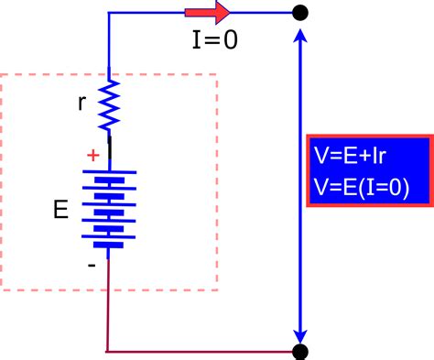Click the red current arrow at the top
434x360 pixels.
[207, 14]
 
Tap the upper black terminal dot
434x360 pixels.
[299, 13]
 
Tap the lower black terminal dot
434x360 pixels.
[299, 351]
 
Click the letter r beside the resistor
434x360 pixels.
[82, 102]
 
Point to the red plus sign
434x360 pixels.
[92, 156]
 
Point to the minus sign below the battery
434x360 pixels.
[92, 264]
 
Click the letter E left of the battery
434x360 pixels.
[60, 210]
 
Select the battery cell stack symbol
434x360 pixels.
[109, 207]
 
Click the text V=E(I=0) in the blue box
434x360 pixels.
[360, 188]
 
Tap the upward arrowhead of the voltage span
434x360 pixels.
[299, 37]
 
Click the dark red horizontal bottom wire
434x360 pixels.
[201, 351]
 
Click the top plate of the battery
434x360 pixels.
[109, 169]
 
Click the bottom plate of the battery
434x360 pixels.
[109, 246]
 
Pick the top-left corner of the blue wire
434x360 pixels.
[109, 14]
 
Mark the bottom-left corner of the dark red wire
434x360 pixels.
[108, 351]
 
